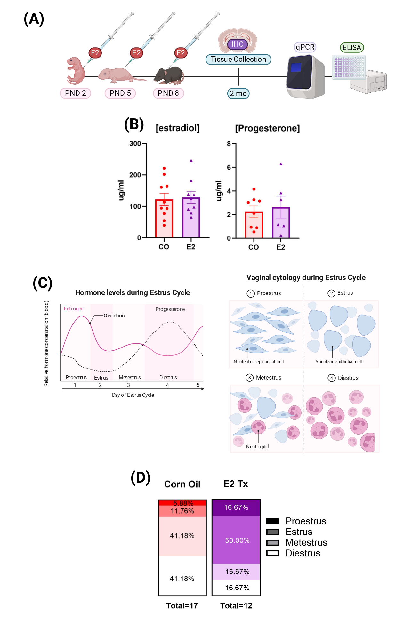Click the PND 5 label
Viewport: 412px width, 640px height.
[120, 93]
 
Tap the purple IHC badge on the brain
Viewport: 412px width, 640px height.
[237, 44]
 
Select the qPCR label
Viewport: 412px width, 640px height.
[305, 47]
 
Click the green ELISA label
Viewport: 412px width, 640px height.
[352, 47]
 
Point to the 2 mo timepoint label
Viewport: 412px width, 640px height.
[238, 93]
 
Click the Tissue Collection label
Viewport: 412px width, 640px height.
[238, 59]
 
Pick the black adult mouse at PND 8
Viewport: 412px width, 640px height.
[169, 76]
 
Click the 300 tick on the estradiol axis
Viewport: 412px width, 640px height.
[135, 144]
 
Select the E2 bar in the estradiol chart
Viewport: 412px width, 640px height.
[191, 218]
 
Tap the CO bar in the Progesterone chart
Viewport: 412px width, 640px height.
[254, 225]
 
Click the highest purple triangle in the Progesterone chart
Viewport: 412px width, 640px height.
[281, 164]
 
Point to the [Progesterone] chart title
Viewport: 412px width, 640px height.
[267, 128]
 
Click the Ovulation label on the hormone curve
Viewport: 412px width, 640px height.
[114, 316]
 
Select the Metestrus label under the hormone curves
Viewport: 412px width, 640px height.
[130, 377]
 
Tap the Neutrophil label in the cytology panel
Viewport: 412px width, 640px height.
[257, 446]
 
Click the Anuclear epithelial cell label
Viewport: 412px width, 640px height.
[338, 362]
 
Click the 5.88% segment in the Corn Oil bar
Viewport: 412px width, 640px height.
[182, 503]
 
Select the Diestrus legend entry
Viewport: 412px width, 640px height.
[293, 553]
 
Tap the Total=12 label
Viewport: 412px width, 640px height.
[236, 605]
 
